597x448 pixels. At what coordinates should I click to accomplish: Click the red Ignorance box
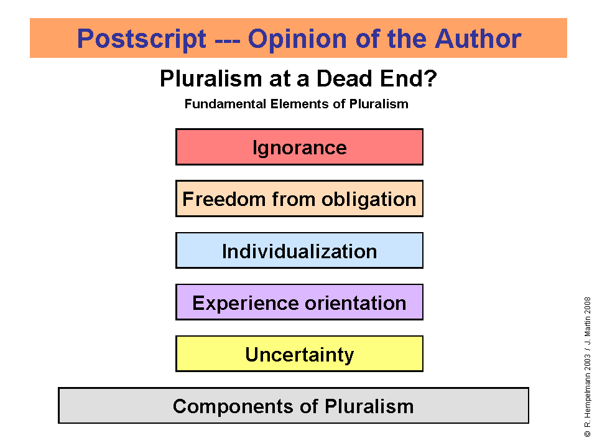(299, 147)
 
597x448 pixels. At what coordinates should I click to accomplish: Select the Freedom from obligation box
(299, 198)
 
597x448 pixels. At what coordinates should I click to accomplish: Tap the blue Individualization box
(299, 250)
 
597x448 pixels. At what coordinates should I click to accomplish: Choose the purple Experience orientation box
(299, 302)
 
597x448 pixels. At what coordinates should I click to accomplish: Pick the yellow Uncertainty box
(299, 353)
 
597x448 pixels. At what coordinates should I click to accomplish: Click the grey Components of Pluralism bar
(293, 405)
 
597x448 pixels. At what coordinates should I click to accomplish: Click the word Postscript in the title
(142, 39)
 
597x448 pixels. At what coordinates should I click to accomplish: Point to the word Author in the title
(478, 39)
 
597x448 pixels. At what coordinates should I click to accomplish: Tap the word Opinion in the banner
(297, 39)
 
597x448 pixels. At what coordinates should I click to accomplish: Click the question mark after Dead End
(430, 78)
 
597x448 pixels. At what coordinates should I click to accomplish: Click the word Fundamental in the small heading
(225, 104)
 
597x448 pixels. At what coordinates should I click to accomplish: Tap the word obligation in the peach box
(369, 200)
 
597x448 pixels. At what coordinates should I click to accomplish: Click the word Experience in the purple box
(246, 303)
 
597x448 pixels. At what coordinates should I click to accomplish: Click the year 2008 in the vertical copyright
(588, 306)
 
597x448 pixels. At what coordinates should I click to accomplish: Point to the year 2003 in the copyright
(588, 362)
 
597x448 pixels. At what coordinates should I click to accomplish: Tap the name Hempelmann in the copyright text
(588, 396)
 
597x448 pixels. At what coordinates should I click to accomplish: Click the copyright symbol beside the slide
(588, 434)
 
